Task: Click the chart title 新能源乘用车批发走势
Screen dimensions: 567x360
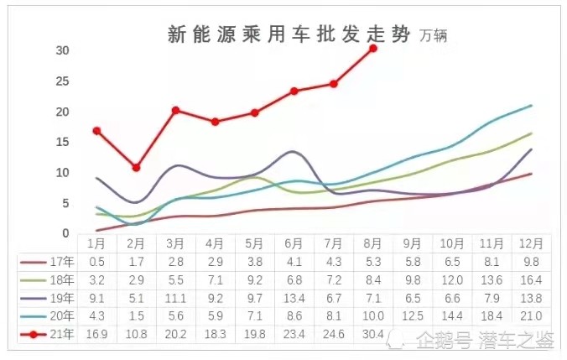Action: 289,34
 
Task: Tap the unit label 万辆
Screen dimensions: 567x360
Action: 433,36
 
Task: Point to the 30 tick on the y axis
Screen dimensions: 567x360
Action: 62,50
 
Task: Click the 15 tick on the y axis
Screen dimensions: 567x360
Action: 62,142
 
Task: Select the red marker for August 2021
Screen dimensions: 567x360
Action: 373,49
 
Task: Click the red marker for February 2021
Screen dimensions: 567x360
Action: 136,168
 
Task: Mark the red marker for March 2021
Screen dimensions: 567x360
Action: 176,111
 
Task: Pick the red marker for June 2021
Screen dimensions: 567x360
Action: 294,91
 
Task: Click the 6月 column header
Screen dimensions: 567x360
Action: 294,243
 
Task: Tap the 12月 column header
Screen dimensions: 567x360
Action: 531,243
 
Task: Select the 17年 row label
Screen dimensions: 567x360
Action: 62,262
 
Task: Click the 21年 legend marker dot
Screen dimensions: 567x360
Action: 34,334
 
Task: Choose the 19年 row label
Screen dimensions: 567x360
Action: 62,298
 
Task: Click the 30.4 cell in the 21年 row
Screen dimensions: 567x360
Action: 373,334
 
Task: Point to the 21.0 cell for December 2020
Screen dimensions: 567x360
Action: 531,316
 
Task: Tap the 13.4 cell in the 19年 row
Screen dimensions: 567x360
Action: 294,298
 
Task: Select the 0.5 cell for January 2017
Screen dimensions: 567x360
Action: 96,262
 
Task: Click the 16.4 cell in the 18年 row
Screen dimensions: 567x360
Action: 531,280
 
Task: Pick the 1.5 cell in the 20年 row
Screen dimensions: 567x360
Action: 136,316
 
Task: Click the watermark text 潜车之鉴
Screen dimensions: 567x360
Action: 517,341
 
